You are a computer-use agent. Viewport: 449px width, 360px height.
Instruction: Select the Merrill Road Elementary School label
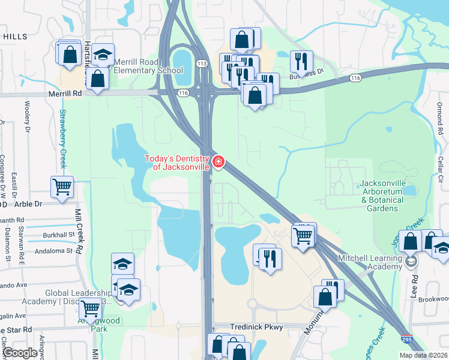(x=148, y=66)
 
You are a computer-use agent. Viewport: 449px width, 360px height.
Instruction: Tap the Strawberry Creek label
(x=62, y=139)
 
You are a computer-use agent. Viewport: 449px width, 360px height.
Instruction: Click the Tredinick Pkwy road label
(x=256, y=327)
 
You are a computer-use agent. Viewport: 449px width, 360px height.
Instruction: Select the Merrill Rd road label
(x=65, y=94)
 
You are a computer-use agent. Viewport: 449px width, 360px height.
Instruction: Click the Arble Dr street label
(x=30, y=204)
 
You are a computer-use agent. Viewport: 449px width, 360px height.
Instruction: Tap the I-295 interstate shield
(x=407, y=339)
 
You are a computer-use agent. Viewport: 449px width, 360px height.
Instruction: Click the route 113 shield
(x=202, y=64)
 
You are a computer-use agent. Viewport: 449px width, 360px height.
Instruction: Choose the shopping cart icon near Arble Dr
(x=62, y=186)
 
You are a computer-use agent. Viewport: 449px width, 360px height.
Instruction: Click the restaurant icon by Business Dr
(x=301, y=61)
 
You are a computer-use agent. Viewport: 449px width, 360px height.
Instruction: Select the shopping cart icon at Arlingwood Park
(x=91, y=308)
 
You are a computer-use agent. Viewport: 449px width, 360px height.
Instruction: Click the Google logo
(x=20, y=353)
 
